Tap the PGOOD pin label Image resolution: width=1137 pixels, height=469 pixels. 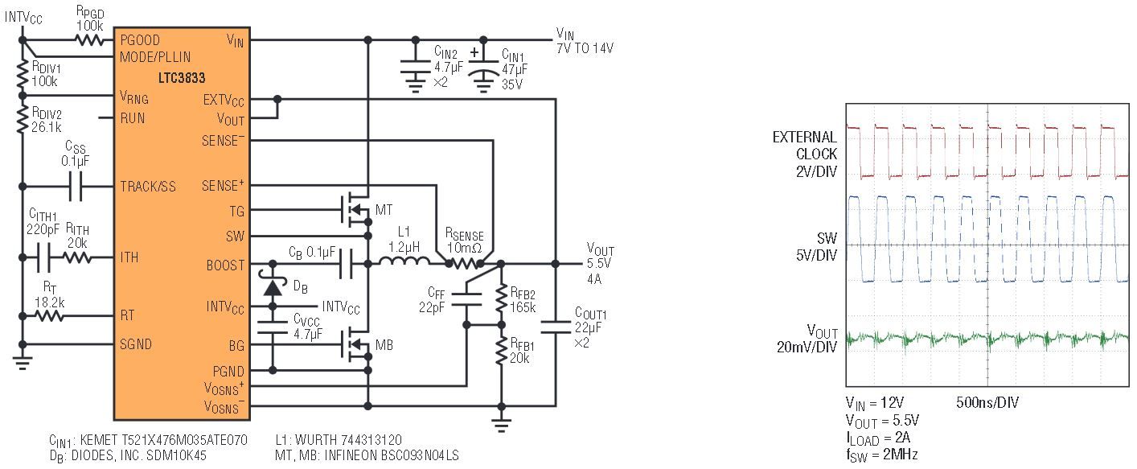pyautogui.click(x=140, y=39)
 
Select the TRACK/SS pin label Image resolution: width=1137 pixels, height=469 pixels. pyautogui.click(x=148, y=186)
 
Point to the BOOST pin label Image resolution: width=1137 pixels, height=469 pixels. pyautogui.click(x=226, y=265)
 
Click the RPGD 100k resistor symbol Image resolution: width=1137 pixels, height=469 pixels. pyautogui.click(x=89, y=39)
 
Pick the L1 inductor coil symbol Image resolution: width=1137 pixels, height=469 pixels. pyautogui.click(x=403, y=263)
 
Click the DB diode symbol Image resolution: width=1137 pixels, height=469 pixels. pyautogui.click(x=273, y=287)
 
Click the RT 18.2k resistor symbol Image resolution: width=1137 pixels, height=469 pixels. pyautogui.click(x=49, y=315)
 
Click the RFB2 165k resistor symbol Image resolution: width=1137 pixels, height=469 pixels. pyautogui.click(x=500, y=298)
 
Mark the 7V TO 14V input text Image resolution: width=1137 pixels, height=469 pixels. pyautogui.click(x=585, y=48)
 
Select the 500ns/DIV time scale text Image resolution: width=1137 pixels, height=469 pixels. pyautogui.click(x=987, y=402)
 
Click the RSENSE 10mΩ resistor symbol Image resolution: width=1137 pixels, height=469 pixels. pyautogui.click(x=464, y=263)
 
